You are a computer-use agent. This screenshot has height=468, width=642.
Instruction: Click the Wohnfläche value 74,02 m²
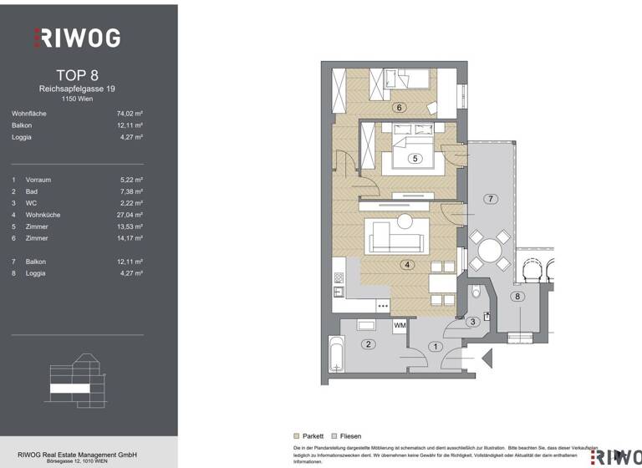(130, 114)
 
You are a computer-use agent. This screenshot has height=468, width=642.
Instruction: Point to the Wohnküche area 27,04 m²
(130, 215)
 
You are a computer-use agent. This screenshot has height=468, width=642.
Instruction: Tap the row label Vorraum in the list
(38, 180)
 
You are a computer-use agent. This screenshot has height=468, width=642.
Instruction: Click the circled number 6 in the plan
(400, 107)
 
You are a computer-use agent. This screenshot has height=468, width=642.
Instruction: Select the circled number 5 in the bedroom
(413, 158)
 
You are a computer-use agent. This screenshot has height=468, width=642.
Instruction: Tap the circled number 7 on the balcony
(491, 198)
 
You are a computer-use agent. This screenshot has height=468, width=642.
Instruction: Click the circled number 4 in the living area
(407, 266)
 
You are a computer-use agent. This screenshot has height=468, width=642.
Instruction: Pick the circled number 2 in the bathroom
(365, 343)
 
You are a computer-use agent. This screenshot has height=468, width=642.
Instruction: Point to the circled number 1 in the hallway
(435, 346)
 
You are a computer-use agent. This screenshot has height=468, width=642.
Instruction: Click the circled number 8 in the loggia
(518, 296)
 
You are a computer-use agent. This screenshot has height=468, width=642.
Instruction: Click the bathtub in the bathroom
(337, 354)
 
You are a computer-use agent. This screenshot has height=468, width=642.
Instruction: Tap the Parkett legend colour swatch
(297, 436)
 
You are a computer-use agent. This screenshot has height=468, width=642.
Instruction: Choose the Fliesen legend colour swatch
(334, 436)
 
